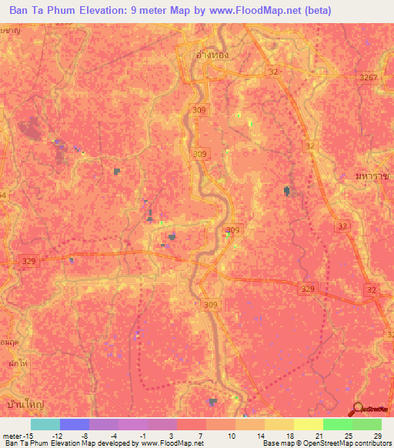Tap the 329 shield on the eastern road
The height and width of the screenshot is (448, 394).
(x=307, y=288)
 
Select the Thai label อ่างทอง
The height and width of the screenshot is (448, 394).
(x=212, y=56)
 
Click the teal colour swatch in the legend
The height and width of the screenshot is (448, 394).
(x=45, y=424)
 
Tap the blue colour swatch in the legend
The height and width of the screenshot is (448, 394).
(x=75, y=424)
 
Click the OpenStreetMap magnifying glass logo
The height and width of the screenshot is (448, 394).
(x=359, y=409)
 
